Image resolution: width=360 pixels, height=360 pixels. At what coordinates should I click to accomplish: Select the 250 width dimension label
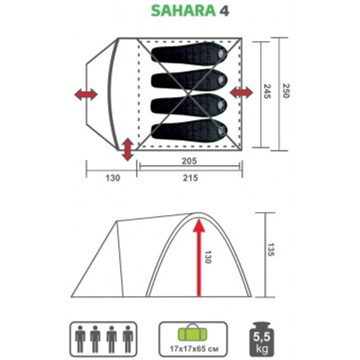click(287, 92)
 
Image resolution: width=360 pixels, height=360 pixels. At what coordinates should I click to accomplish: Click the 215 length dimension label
click(189, 178)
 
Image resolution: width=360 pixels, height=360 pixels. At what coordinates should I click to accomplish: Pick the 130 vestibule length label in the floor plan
click(103, 178)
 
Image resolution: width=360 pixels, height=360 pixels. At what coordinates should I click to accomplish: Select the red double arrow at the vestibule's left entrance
click(86, 95)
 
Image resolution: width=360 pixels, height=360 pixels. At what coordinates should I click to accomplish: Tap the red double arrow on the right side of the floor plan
click(241, 93)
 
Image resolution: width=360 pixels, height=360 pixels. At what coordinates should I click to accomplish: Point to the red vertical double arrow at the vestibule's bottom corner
click(128, 148)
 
